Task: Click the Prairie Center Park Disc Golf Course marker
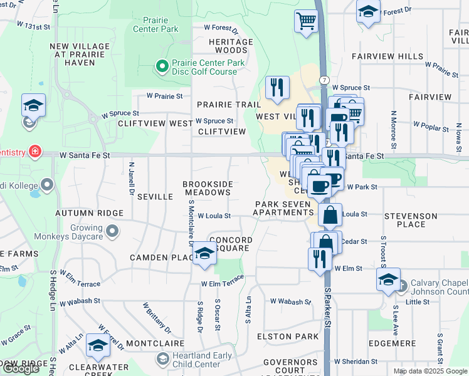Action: coord(161,66)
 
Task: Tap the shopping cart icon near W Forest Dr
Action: coord(306,21)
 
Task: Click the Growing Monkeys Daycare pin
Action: coord(112,232)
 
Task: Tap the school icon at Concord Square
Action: coord(204,253)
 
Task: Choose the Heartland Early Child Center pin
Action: coord(162,359)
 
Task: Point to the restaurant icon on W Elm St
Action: coord(320,258)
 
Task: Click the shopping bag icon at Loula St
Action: coord(330,215)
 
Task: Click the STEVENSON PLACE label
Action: coord(411,220)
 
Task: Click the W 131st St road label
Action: coord(33,26)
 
